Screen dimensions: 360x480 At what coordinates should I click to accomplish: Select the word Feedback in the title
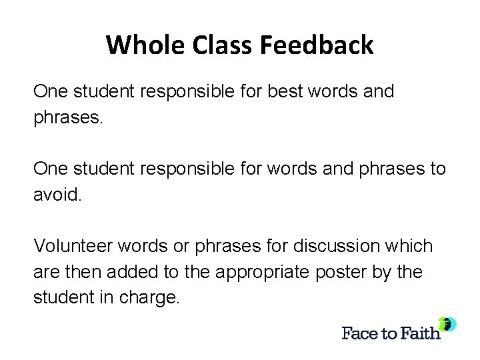pyautogui.click(x=316, y=45)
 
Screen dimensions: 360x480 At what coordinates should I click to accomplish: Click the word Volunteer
pyautogui.click(x=73, y=246)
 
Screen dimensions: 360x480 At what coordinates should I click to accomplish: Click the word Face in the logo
pyautogui.click(x=360, y=331)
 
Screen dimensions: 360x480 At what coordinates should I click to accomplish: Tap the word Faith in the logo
pyautogui.click(x=421, y=331)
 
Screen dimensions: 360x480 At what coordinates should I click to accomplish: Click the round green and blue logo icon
pyautogui.click(x=447, y=324)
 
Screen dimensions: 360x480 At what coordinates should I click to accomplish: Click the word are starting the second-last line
pyautogui.click(x=45, y=272)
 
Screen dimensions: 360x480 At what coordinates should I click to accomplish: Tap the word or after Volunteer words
pyautogui.click(x=180, y=246)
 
